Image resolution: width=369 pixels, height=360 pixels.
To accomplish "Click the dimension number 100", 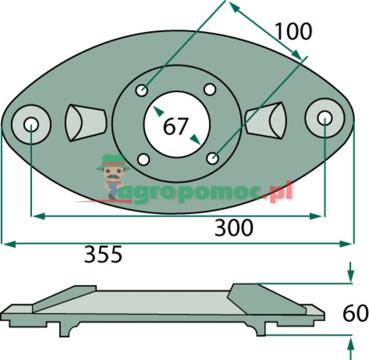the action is pyautogui.click(x=293, y=31).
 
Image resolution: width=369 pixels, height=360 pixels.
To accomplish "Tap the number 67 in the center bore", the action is pyautogui.click(x=176, y=126).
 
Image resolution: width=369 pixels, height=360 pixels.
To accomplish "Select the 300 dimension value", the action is pyautogui.click(x=234, y=228).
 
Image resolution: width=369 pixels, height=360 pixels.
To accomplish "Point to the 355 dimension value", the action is pyautogui.click(x=103, y=254).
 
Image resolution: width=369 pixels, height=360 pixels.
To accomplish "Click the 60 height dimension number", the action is pyautogui.click(x=355, y=313).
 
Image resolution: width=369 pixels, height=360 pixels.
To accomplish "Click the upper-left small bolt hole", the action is pyautogui.click(x=142, y=90).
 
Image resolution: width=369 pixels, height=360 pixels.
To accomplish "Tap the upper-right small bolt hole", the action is pyautogui.click(x=210, y=89).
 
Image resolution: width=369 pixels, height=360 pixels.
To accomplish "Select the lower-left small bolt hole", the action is pyautogui.click(x=143, y=159).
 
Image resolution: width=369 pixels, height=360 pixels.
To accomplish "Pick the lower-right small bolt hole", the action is pyautogui.click(x=213, y=158).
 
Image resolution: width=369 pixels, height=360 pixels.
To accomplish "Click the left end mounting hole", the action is pyautogui.click(x=31, y=124).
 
